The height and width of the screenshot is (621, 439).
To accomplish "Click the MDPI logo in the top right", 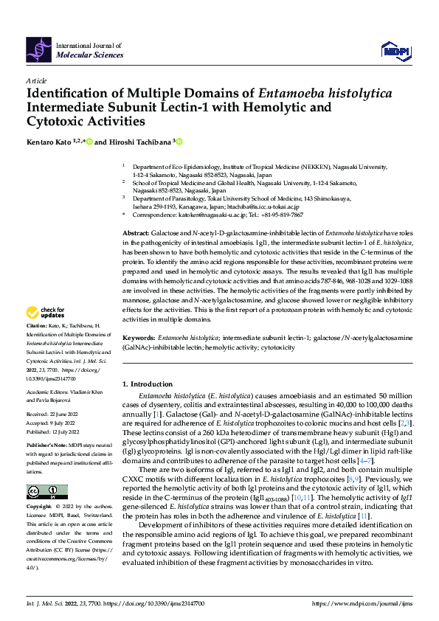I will [395, 49].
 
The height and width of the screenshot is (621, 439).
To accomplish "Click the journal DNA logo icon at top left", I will [39, 49].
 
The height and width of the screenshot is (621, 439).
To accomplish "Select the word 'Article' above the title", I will [36, 80].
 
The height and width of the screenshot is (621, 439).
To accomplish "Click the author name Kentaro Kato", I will [50, 142].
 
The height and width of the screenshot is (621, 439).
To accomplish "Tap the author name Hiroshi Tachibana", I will [140, 142].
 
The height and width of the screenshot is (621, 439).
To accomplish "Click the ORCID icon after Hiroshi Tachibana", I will [179, 142].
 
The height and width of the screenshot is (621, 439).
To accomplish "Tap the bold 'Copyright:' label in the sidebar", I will [38, 508].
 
